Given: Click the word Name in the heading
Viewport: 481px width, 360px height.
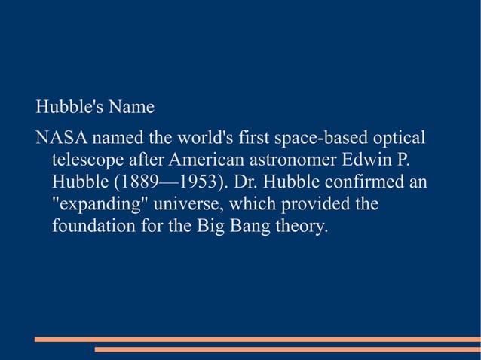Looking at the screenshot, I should [131, 108].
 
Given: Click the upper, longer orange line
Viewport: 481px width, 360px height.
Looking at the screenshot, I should [257, 340].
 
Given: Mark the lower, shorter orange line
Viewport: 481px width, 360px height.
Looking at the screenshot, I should [287, 349].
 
